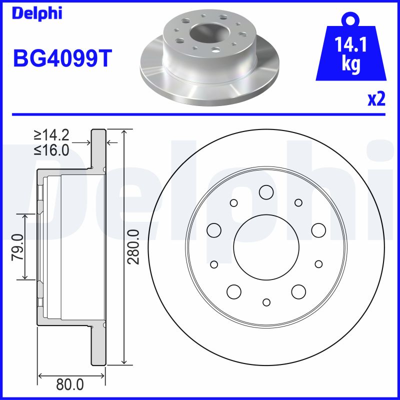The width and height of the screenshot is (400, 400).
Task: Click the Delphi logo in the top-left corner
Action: tap(37, 13)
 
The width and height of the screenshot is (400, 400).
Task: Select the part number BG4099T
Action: tap(62, 58)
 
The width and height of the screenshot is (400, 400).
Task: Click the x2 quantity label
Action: tap(376, 99)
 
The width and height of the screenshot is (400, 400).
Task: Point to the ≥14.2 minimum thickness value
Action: tap(51, 135)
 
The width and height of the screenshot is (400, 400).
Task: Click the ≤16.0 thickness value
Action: tap(51, 150)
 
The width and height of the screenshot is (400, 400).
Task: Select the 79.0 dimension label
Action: tap(18, 247)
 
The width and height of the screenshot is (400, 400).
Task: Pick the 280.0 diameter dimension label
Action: tap(133, 247)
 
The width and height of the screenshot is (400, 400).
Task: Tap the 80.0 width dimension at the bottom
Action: tap(70, 384)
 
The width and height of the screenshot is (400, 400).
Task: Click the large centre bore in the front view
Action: tap(266, 247)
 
